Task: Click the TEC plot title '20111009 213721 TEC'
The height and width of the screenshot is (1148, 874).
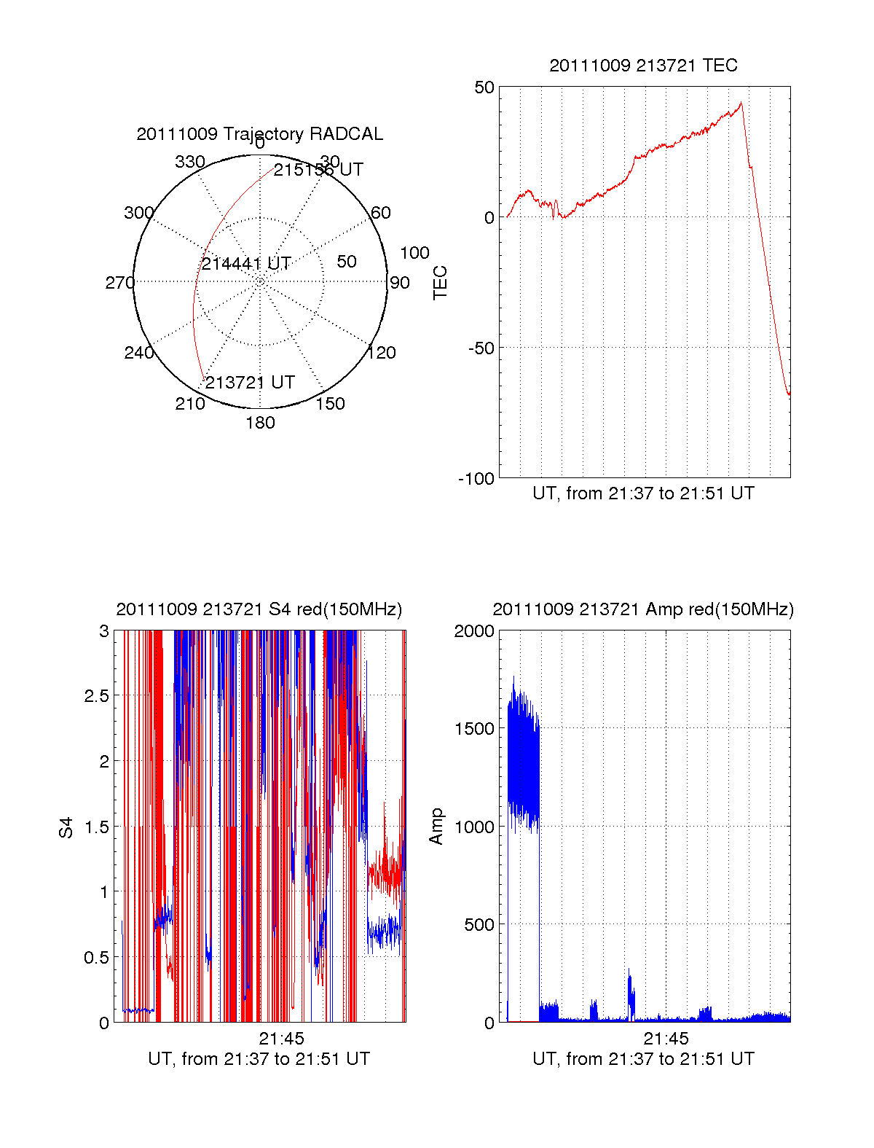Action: pyautogui.click(x=643, y=66)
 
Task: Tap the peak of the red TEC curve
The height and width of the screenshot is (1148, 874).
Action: pyautogui.click(x=741, y=103)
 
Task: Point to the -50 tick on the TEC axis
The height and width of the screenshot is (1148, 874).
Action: pyautogui.click(x=481, y=348)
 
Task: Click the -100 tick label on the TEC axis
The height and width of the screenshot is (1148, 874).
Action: pyautogui.click(x=476, y=479)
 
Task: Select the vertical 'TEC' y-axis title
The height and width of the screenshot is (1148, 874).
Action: pyautogui.click(x=440, y=283)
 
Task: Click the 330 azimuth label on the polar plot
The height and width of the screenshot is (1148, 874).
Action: pyautogui.click(x=190, y=162)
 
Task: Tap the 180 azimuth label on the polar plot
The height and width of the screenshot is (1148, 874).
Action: pyautogui.click(x=260, y=423)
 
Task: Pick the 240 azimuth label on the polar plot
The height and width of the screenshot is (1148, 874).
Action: pyautogui.click(x=138, y=353)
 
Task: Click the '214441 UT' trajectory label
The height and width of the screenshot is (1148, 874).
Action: pyautogui.click(x=246, y=263)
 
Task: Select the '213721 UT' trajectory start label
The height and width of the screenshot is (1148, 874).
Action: pyautogui.click(x=250, y=383)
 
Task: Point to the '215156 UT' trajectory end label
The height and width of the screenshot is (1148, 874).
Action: pyautogui.click(x=318, y=170)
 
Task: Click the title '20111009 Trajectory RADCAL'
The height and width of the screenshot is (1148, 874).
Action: pyautogui.click(x=260, y=134)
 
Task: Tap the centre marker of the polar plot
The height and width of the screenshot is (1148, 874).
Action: pyautogui.click(x=260, y=281)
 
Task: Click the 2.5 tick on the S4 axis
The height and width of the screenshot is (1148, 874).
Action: pyautogui.click(x=97, y=695)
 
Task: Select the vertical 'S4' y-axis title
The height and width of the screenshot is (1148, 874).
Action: pyautogui.click(x=66, y=827)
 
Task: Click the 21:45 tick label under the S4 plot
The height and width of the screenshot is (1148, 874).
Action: pyautogui.click(x=281, y=1039)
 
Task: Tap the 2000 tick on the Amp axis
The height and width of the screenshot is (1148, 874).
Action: pyautogui.click(x=474, y=630)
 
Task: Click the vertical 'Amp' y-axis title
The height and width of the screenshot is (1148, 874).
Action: pyautogui.click(x=436, y=827)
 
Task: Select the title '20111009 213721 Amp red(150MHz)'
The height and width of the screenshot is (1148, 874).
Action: pyautogui.click(x=643, y=609)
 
